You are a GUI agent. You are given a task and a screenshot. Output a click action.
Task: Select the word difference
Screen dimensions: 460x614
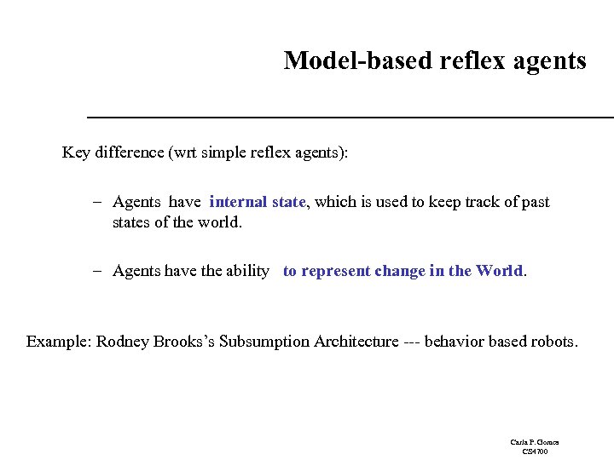coord(129,152)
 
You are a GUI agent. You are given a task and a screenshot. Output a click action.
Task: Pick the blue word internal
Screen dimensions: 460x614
coord(239,202)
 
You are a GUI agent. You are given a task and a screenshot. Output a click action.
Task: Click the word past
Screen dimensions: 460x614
coord(534,203)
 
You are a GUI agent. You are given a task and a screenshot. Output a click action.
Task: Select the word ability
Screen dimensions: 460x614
coord(247,271)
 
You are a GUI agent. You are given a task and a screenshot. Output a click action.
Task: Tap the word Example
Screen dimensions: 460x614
coord(58,342)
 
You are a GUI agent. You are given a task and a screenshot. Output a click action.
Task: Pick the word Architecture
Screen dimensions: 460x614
coord(356,342)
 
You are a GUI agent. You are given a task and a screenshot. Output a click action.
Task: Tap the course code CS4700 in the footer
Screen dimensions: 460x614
coord(535,451)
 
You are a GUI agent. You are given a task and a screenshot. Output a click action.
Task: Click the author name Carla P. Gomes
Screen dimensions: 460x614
coord(535,443)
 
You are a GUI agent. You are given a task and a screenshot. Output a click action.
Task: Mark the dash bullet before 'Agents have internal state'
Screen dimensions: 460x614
coord(99,203)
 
